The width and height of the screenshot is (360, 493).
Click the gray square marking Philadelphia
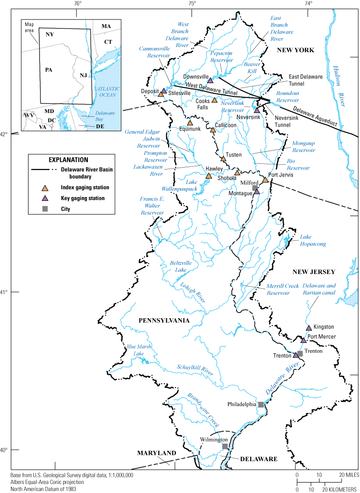coord(261,404)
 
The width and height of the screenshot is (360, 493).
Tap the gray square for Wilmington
coord(225,446)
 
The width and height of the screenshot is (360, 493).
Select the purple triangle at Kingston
coord(309,328)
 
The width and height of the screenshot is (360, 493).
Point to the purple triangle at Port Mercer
coord(303,340)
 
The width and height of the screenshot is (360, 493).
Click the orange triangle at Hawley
coord(208,176)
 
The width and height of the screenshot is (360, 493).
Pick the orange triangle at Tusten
coord(223,159)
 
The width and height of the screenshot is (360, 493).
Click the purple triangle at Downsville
coord(210,80)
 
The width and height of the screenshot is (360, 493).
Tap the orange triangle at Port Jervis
coord(265,180)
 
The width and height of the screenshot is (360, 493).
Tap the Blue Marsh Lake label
coord(134,350)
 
